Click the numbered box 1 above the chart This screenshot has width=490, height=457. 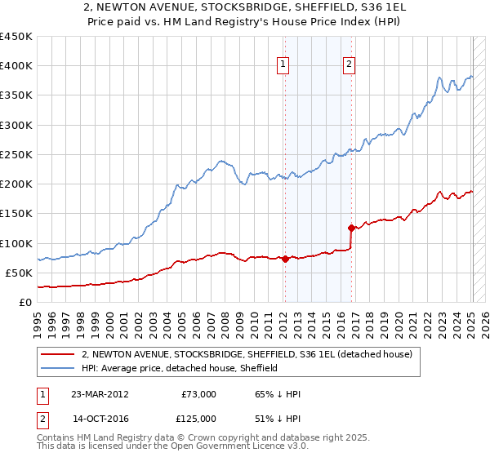[283, 64]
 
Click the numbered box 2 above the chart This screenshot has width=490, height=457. [349, 64]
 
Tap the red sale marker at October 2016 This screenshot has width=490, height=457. [351, 228]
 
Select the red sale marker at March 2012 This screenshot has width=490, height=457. [285, 259]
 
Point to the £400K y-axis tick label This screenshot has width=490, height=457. [16, 66]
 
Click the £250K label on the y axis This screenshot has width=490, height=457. [16, 154]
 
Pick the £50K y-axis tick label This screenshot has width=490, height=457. [20, 273]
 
